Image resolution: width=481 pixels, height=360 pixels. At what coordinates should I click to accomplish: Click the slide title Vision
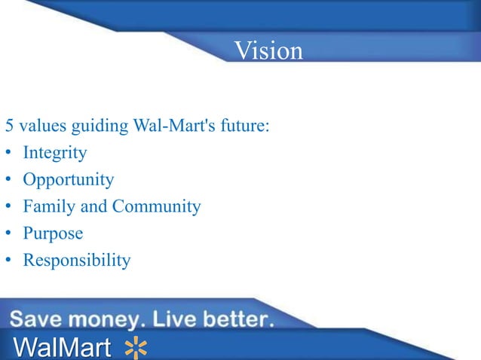pyautogui.click(x=268, y=50)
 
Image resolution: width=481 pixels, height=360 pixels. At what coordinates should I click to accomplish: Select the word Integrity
pyautogui.click(x=54, y=153)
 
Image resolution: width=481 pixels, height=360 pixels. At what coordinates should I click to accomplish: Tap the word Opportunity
pyautogui.click(x=68, y=180)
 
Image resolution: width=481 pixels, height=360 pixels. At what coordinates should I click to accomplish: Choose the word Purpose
pyautogui.click(x=53, y=233)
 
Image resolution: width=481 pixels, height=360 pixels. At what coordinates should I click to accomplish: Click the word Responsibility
pyautogui.click(x=76, y=261)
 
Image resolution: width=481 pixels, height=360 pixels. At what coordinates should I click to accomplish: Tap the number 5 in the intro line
pyautogui.click(x=10, y=125)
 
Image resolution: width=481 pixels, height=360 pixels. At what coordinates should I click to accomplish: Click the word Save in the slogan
pyautogui.click(x=38, y=319)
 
